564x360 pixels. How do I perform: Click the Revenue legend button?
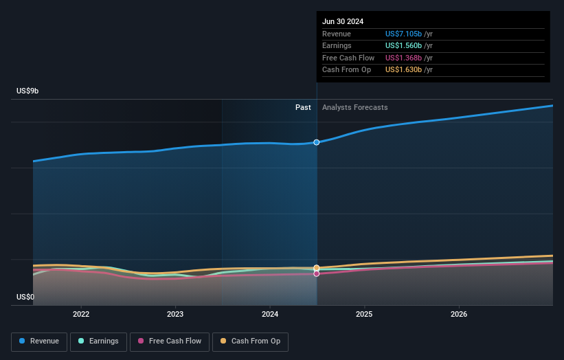(39, 341)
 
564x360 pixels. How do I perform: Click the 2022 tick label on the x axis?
(81, 314)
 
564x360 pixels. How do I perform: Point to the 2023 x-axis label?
(175, 314)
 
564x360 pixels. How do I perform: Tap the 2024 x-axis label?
(270, 314)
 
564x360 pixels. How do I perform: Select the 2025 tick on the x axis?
(364, 314)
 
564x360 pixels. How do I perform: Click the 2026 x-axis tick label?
(459, 314)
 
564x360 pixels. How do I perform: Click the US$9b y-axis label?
(28, 91)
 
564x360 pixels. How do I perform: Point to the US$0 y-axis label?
(25, 297)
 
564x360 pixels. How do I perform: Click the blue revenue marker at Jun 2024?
(317, 142)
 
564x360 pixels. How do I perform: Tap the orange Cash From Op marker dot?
(317, 267)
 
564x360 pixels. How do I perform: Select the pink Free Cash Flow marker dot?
(317, 273)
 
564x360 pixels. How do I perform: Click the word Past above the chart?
(303, 108)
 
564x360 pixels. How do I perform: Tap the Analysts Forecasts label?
(354, 108)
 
